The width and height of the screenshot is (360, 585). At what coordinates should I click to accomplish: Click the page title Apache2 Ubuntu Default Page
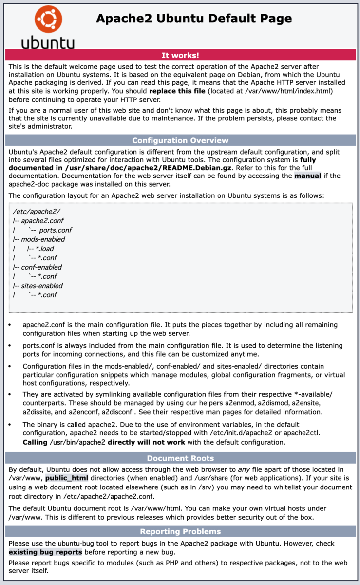tap(194, 19)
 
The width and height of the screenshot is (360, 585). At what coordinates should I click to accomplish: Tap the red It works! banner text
tap(180, 55)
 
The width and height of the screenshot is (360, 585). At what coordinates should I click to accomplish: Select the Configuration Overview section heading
tap(180, 140)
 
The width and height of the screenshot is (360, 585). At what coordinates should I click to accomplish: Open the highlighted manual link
tap(307, 175)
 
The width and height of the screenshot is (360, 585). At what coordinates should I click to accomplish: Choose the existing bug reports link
tap(45, 552)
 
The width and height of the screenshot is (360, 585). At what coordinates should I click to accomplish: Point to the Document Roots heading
tap(180, 458)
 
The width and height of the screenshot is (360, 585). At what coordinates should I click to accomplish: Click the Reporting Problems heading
tap(180, 531)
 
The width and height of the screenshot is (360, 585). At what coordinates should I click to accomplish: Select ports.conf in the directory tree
tap(56, 230)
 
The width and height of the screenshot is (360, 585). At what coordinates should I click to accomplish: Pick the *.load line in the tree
tap(44, 249)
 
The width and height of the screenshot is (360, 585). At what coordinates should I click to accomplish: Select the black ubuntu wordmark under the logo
tap(48, 42)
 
